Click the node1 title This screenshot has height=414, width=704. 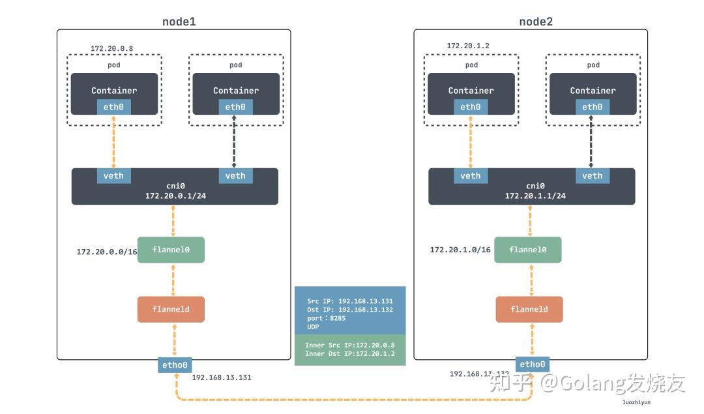[x=179, y=22]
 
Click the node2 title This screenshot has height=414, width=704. [x=536, y=22]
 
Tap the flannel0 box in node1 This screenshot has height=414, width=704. [x=171, y=250]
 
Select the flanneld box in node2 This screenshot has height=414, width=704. [x=529, y=309]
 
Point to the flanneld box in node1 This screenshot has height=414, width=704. [x=171, y=309]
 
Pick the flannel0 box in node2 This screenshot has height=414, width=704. [x=528, y=250]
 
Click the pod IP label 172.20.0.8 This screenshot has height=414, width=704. [x=111, y=48]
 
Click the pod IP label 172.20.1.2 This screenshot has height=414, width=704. [x=468, y=46]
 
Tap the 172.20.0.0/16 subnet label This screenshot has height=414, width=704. [x=107, y=252]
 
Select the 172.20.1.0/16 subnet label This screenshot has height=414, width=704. [x=460, y=250]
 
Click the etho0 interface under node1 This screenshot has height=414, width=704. [x=175, y=365]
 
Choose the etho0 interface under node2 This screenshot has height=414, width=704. [x=531, y=364]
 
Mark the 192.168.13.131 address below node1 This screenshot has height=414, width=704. [x=221, y=377]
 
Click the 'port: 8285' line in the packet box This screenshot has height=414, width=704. [x=327, y=318]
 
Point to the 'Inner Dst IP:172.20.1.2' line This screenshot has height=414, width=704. [x=349, y=353]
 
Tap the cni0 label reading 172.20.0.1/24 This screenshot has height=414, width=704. [x=174, y=196]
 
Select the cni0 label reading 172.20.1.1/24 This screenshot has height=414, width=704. [x=535, y=196]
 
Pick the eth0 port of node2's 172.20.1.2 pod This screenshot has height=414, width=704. [x=470, y=107]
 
